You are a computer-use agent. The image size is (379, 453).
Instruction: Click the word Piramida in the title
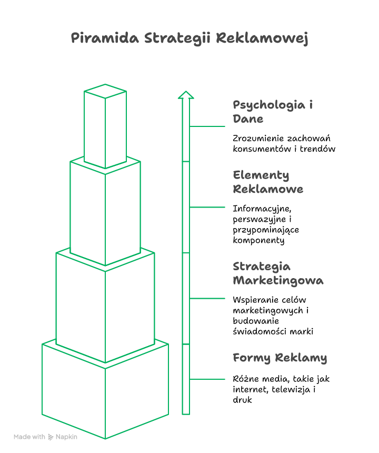(x=105, y=38)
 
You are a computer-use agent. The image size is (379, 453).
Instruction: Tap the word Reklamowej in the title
(x=262, y=38)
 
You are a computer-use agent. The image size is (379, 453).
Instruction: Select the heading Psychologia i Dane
(x=273, y=112)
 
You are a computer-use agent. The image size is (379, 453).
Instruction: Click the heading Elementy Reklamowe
(x=268, y=182)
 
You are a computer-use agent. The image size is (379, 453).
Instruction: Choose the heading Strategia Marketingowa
(x=278, y=273)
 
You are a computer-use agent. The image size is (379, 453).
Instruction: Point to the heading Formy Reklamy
(x=280, y=358)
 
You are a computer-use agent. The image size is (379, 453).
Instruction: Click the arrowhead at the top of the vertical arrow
(x=186, y=95)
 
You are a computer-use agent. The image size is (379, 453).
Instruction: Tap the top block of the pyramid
(x=105, y=126)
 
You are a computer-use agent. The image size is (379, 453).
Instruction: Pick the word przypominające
(x=266, y=230)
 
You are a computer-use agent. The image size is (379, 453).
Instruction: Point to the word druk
(x=242, y=400)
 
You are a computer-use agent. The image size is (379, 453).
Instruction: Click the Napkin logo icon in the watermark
(x=51, y=437)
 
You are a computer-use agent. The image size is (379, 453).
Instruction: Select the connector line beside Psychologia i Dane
(x=207, y=126)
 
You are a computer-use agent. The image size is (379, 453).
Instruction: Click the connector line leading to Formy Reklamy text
(x=207, y=379)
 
